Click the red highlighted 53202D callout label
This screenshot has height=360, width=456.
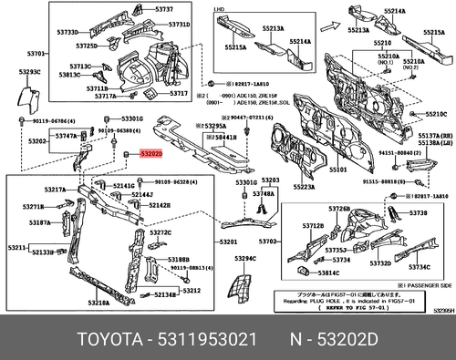(x=150, y=156)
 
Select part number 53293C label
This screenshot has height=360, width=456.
(x=30, y=71)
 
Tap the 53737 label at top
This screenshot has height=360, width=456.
(x=164, y=8)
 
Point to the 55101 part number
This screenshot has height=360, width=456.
(x=338, y=170)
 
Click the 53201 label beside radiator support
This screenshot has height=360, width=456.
(x=228, y=242)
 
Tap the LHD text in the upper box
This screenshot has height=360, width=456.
(x=219, y=8)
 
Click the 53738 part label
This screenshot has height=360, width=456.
(x=419, y=212)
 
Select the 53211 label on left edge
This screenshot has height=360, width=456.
(x=16, y=248)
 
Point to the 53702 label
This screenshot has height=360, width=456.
(x=269, y=242)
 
